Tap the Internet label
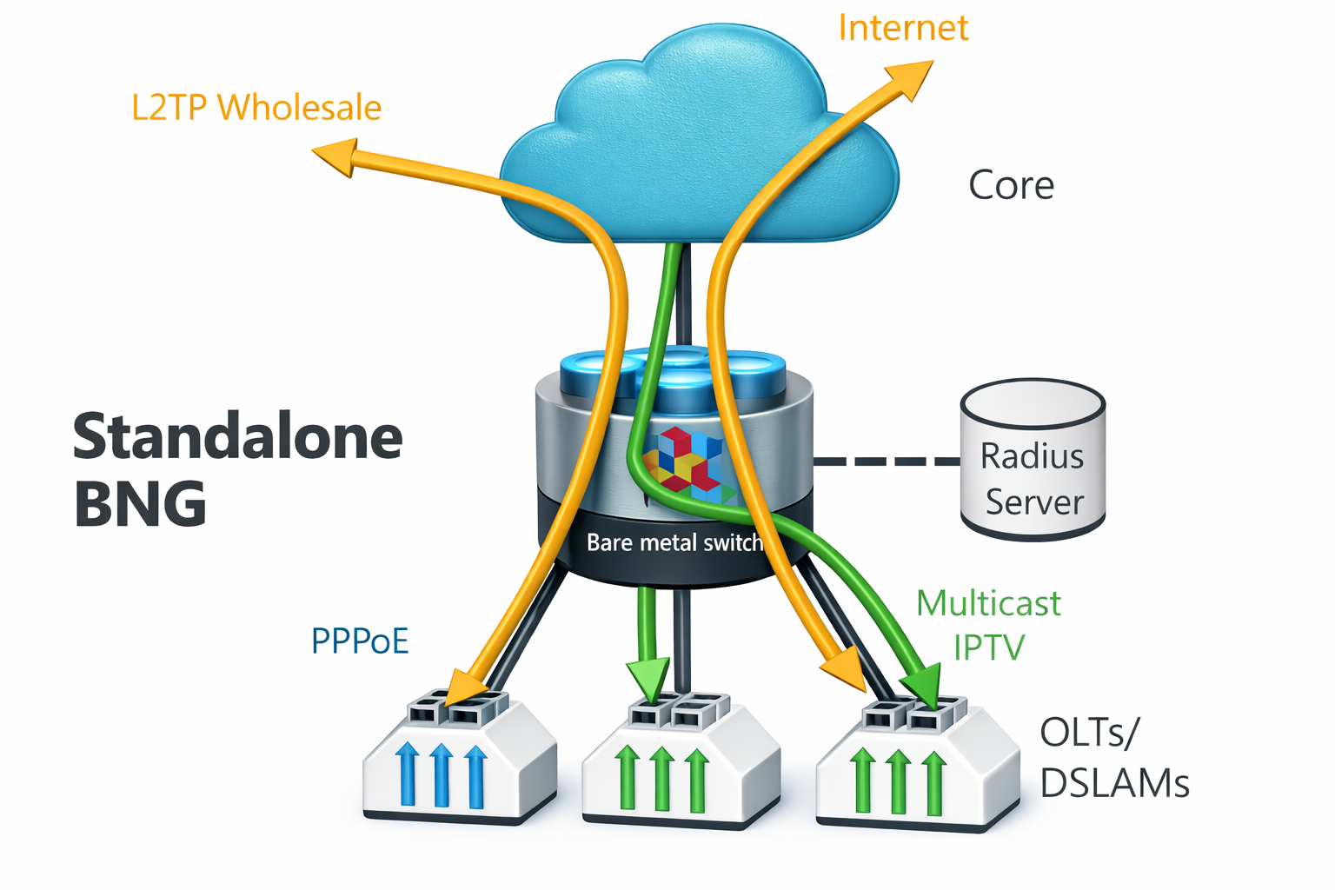pos(902,28)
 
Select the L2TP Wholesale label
pos(256,108)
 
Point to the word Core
pos(1011,185)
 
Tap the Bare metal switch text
pos(674,543)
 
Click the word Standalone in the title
pos(237,437)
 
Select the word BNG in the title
pos(140,504)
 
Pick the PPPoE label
pos(360,641)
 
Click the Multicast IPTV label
pos(989,625)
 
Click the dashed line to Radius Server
pos(887,461)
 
